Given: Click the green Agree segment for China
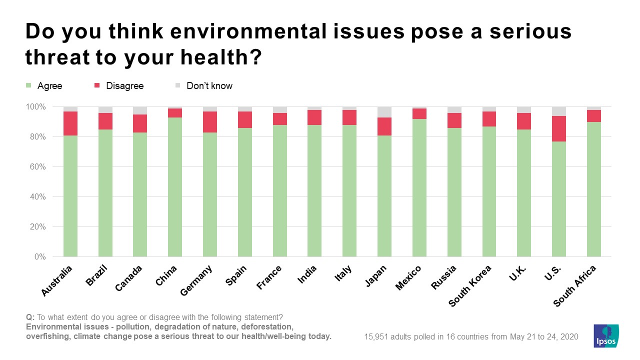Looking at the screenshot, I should pos(175,187).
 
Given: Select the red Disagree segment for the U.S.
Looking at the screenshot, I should pos(559,128).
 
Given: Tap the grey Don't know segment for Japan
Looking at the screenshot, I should pos(384,112).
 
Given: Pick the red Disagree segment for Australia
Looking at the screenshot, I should pos(70,123).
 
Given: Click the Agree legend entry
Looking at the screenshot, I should pos(49,86).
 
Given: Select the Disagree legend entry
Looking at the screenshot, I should pos(124,86).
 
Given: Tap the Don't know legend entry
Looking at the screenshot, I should pos(208,86).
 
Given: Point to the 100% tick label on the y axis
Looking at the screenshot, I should pos(35,107).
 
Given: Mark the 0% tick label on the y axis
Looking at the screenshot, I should pos(40,257).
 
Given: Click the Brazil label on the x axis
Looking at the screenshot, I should pos(97,276).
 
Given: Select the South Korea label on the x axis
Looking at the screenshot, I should pos(470,286).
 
